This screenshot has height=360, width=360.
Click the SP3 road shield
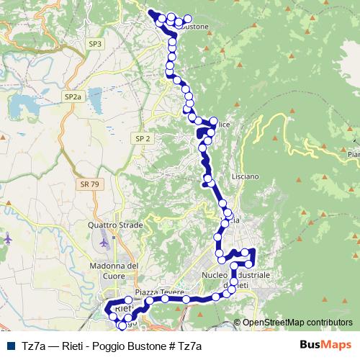point(95,44)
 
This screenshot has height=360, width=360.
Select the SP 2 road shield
point(142,138)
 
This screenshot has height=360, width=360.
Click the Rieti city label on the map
point(124,309)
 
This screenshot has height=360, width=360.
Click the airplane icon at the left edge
point(7,237)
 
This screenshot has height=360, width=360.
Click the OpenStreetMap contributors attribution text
point(297,323)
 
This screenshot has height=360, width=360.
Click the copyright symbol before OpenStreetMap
point(238,323)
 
